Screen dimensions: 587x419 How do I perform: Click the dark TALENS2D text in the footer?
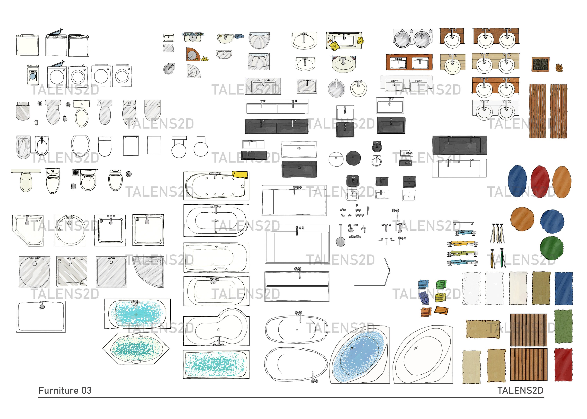click(x=520, y=390)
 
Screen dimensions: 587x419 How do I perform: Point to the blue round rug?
click(x=552, y=222)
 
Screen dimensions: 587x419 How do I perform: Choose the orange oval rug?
click(x=562, y=182)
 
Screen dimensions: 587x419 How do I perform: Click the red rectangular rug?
click(x=563, y=365)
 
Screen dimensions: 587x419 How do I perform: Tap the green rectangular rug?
click(x=563, y=326)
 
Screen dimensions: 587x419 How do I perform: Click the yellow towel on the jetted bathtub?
click(x=240, y=175)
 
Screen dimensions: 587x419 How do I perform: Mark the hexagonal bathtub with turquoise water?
click(x=136, y=348)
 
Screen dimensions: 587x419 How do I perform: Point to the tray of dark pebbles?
click(x=540, y=64)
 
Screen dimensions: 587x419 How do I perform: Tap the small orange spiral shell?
click(x=559, y=68)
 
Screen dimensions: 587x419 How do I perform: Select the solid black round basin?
click(x=353, y=158)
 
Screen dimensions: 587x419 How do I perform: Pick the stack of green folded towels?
click(x=441, y=284)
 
